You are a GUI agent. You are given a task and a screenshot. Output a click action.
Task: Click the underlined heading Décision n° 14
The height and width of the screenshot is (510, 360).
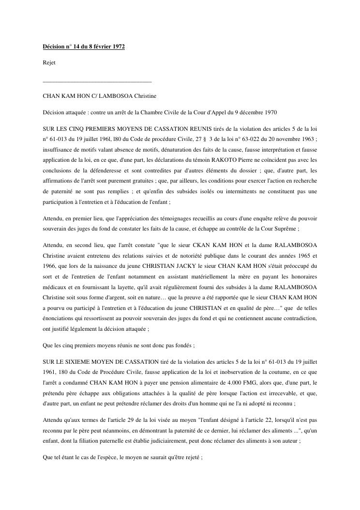pos(84,49)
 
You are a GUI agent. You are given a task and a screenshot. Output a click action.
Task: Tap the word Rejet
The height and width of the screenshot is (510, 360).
pos(49,63)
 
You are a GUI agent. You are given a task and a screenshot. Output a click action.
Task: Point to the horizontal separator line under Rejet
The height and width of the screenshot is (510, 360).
pos(97,81)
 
